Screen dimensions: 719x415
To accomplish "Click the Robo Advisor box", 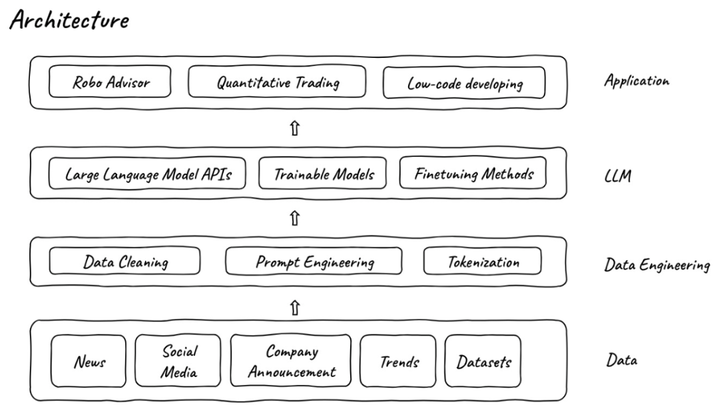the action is tap(110, 82).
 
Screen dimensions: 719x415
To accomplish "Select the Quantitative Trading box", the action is tap(277, 82).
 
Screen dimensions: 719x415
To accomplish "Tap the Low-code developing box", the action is tap(464, 82).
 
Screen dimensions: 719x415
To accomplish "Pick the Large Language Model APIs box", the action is tap(147, 173).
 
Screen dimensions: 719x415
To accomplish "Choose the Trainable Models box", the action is tap(322, 173).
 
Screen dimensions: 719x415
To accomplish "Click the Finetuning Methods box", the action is tap(473, 173).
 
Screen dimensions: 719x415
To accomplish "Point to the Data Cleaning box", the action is tap(124, 261).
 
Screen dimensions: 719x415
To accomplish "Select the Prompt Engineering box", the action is tap(314, 261).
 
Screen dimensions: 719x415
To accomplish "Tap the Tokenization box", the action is tap(483, 261).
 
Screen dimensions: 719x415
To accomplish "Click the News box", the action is tap(89, 361).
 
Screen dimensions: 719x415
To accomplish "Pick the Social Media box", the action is tap(178, 360).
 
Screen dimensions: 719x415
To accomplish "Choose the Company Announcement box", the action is tap(291, 360).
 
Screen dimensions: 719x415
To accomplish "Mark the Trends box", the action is tap(398, 361).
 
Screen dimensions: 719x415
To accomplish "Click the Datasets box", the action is tap(483, 361).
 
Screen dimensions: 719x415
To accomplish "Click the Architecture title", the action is tap(69, 20).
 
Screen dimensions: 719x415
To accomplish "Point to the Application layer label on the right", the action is tap(636, 80).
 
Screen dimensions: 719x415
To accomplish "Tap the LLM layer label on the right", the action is tap(618, 176).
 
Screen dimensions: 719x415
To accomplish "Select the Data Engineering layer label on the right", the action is tap(656, 265).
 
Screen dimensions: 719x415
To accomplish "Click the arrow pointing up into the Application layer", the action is tap(295, 128).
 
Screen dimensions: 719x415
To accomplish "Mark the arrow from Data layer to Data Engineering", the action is tap(295, 307).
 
